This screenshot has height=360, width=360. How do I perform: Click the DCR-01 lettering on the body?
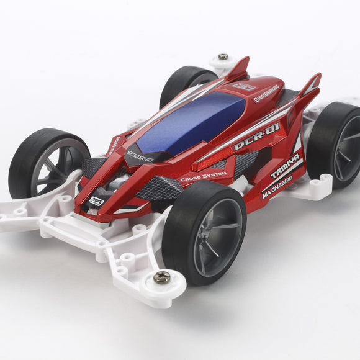[x=256, y=137]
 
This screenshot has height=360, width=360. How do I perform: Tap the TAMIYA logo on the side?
[x=285, y=166]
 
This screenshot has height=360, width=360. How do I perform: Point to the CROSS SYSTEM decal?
[x=203, y=177]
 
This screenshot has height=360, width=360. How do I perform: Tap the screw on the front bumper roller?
[x=161, y=277]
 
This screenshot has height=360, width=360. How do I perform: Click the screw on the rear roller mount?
[x=222, y=57]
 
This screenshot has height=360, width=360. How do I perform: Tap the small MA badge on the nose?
[x=96, y=200]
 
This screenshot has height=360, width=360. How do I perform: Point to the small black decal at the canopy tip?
[x=140, y=155]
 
